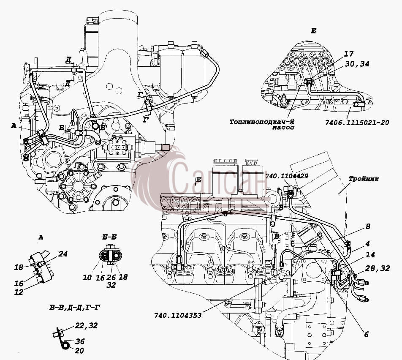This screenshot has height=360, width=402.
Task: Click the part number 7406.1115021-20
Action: pos(357,123)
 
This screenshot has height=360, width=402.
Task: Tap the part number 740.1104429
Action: pos(287,176)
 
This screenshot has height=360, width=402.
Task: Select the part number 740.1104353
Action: pos(178,315)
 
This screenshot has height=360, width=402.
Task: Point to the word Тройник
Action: pos(364,179)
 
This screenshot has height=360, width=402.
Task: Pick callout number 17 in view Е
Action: pos(348,54)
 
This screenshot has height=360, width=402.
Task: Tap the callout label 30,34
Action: pos(357,64)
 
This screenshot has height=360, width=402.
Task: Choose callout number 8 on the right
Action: pos(368,226)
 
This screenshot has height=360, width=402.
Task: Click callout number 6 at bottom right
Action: pos(366,334)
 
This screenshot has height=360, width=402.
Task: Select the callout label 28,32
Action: pos(378,268)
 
